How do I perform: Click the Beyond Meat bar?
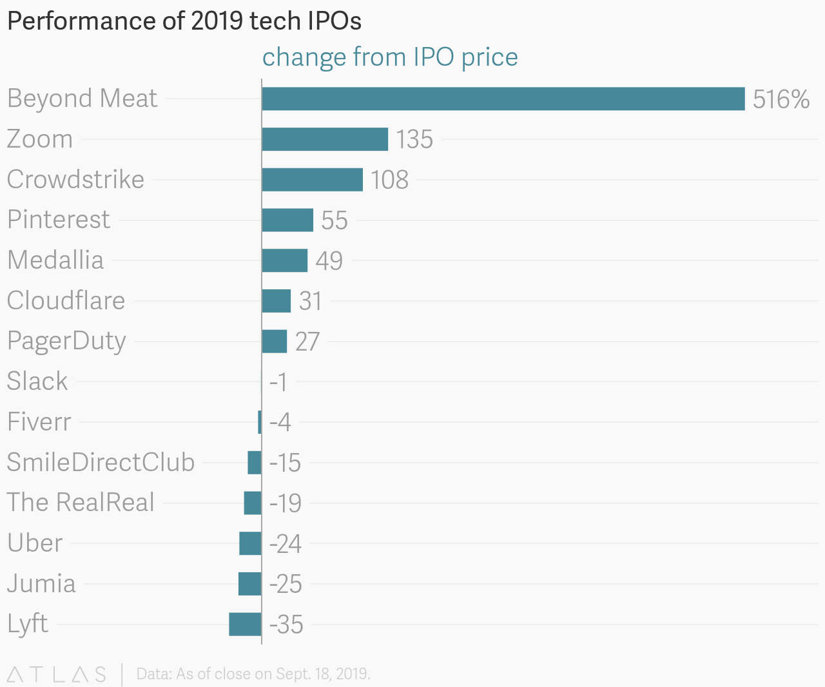tap(503, 99)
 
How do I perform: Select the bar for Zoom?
tap(325, 139)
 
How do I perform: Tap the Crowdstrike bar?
tap(312, 179)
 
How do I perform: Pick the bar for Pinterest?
tap(287, 220)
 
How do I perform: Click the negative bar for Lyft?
tap(245, 624)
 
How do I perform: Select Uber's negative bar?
tap(250, 543)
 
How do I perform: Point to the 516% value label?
tap(781, 99)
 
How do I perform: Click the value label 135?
tap(414, 140)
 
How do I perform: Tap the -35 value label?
tap(286, 624)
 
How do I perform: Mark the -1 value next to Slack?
tap(278, 382)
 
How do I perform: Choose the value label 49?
tap(329, 261)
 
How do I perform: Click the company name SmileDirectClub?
tap(101, 462)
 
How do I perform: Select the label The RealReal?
tap(81, 503)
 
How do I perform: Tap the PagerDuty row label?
tap(66, 341)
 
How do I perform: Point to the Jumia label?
tap(41, 583)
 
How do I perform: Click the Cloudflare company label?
tap(66, 300)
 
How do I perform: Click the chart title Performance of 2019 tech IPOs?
tap(184, 21)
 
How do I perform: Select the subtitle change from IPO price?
tap(390, 57)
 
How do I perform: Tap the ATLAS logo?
tap(56, 674)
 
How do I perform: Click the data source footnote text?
tap(253, 674)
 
